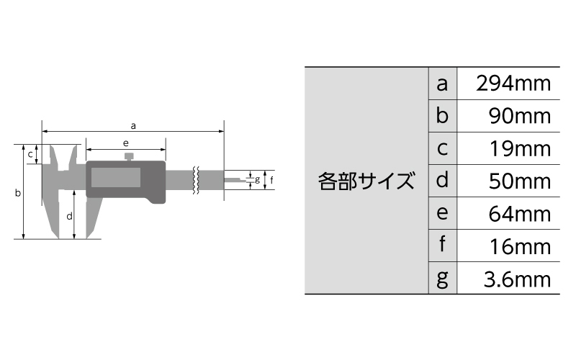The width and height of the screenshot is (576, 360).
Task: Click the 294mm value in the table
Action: (513, 84)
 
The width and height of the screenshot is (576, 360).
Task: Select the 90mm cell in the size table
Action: (519, 116)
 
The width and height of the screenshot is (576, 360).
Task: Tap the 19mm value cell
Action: (520, 149)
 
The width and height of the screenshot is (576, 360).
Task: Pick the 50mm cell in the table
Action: (519, 181)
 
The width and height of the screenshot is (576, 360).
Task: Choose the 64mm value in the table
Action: (519, 214)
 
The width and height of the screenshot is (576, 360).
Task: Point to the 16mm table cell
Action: (520, 246)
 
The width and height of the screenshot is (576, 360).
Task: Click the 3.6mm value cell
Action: (517, 279)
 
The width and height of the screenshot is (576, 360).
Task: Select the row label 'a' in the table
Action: (442, 84)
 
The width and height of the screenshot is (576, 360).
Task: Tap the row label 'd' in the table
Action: (442, 180)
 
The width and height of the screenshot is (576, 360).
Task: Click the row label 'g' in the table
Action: (442, 279)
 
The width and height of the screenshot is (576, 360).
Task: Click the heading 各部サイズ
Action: (366, 181)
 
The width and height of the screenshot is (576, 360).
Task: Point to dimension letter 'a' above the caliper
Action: (133, 126)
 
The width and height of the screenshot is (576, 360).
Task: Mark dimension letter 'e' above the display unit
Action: (125, 143)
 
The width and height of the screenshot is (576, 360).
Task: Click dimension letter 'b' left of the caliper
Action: (17, 192)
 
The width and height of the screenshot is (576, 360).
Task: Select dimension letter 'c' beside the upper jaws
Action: (30, 155)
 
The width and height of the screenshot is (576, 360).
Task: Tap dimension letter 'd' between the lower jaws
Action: (69, 216)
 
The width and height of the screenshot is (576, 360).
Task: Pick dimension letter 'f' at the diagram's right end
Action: (271, 180)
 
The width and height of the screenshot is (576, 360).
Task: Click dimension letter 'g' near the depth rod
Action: (257, 179)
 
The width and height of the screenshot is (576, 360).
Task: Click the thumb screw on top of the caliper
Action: (129, 157)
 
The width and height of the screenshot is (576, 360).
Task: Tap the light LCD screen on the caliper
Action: (116, 177)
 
